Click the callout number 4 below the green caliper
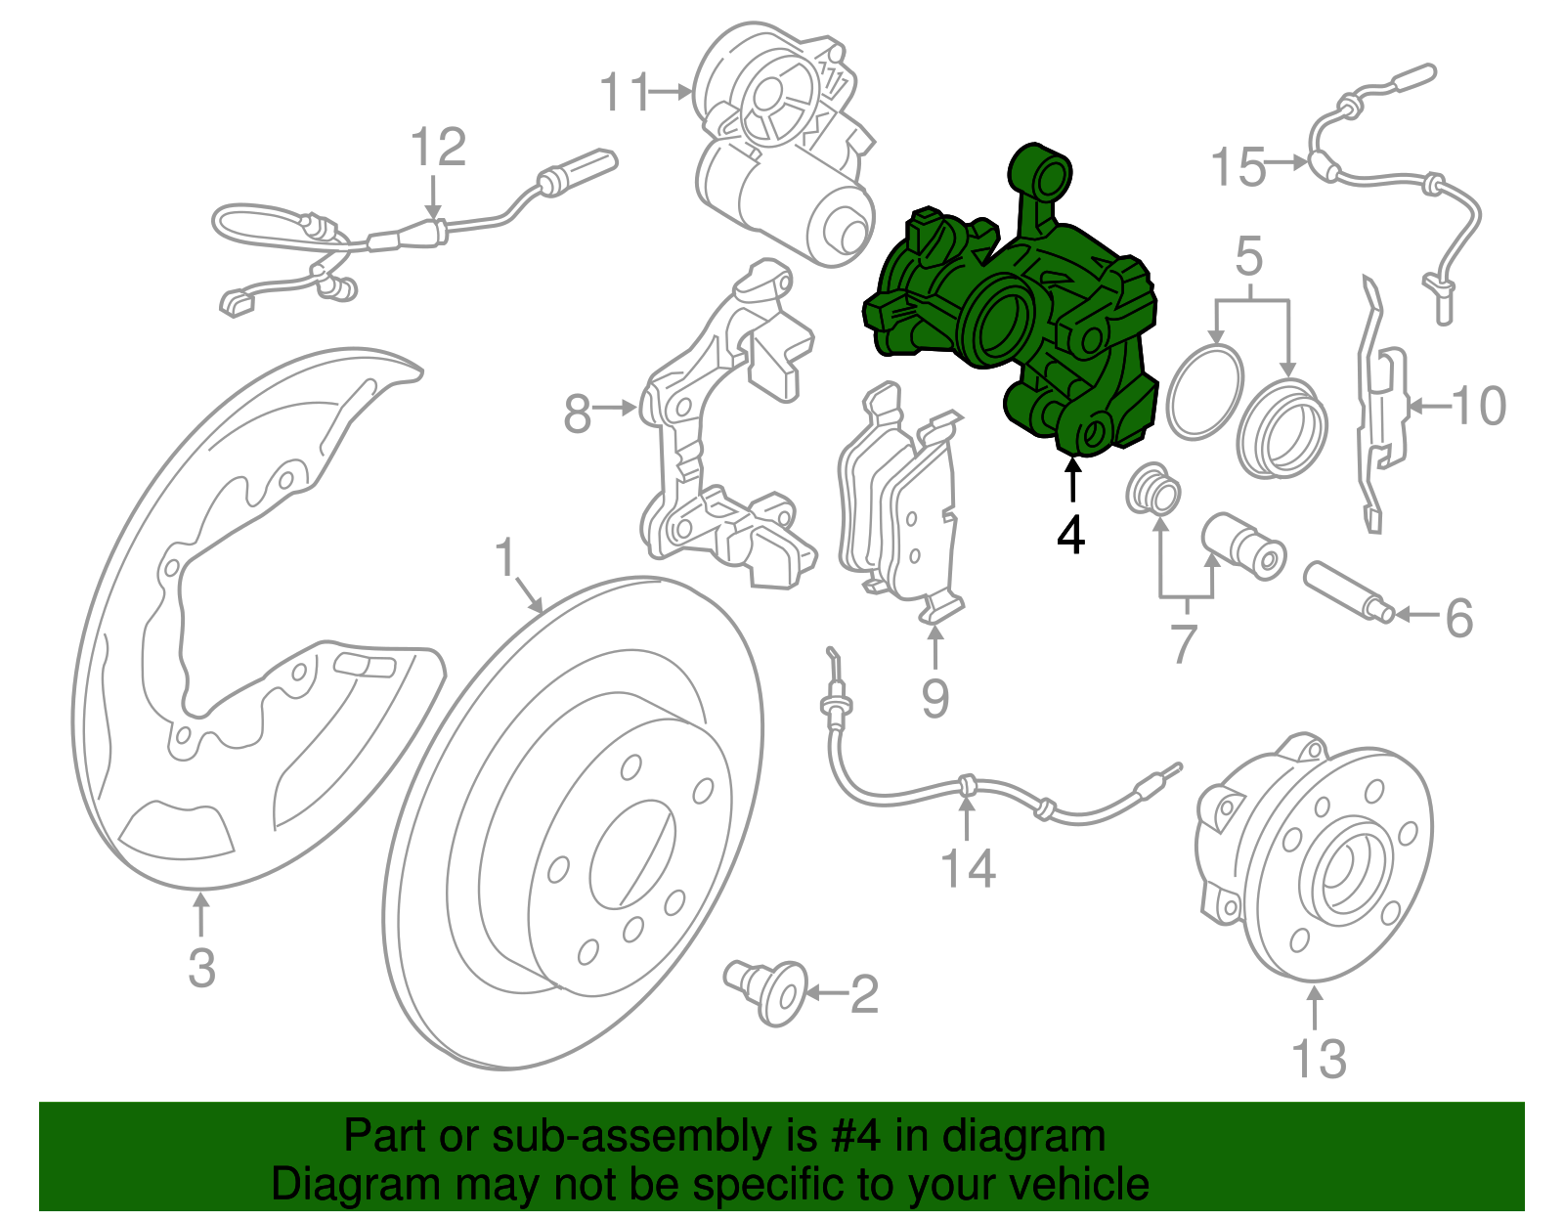point(1071,535)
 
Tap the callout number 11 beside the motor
point(625,93)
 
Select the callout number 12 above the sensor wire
point(438,149)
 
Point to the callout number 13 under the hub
point(1319,1059)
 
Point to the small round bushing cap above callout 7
point(1152,490)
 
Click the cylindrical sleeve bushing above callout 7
point(1241,545)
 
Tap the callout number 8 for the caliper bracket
point(578,414)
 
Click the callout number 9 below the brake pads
point(934,698)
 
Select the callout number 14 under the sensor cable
point(968,868)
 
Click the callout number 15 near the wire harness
point(1238,167)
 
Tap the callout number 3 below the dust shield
point(201,968)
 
